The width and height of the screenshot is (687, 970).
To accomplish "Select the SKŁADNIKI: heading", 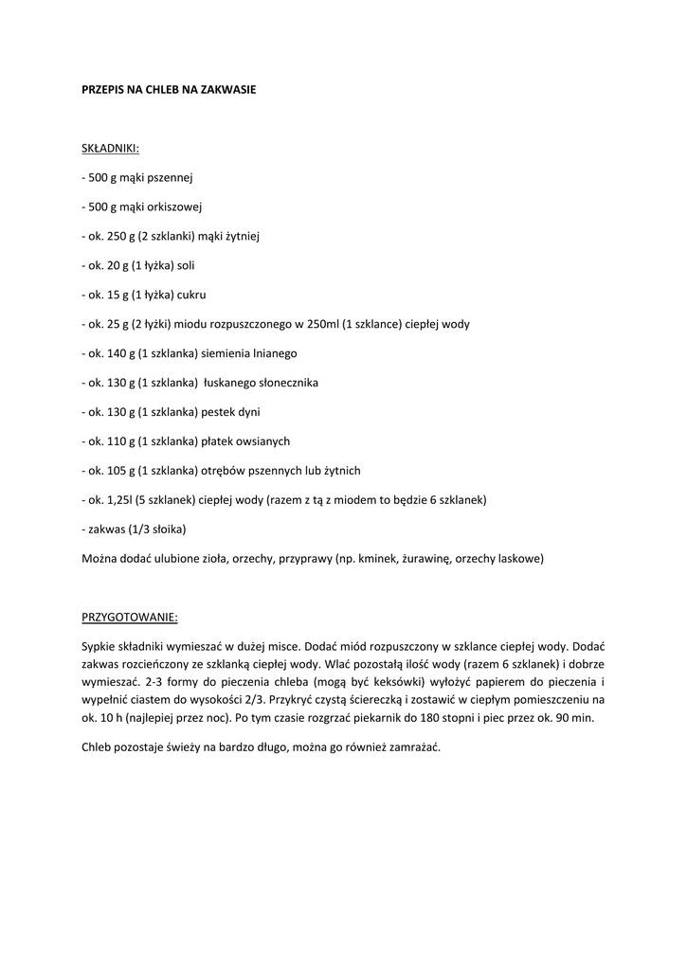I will click(x=111, y=148).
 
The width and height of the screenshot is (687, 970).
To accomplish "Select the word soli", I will click(x=186, y=265).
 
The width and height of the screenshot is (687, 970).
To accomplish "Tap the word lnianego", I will click(x=275, y=353).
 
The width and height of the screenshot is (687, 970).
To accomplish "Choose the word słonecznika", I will click(x=282, y=383).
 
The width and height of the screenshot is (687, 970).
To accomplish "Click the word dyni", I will click(x=248, y=412).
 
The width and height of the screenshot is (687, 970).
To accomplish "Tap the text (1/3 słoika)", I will click(x=155, y=530).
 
